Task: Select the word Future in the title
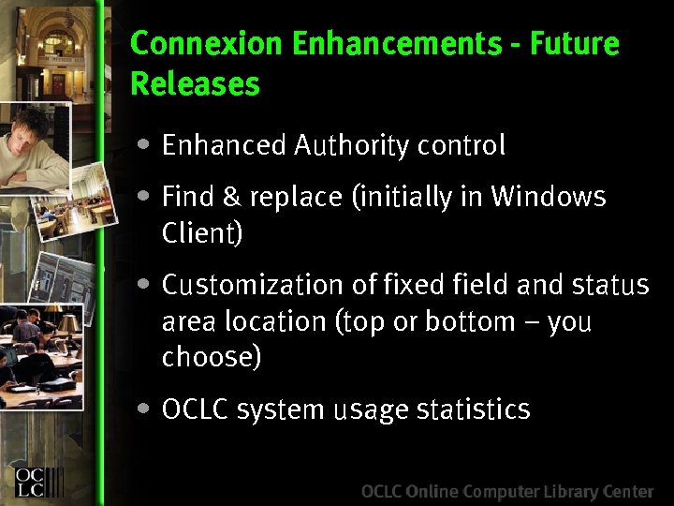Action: click(584, 44)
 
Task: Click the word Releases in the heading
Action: click(195, 84)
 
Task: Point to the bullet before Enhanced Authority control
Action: click(141, 145)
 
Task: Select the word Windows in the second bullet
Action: click(549, 197)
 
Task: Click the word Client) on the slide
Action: click(202, 233)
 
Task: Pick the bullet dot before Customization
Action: click(141, 283)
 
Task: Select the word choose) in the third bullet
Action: click(212, 357)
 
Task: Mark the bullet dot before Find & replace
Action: click(141, 197)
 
